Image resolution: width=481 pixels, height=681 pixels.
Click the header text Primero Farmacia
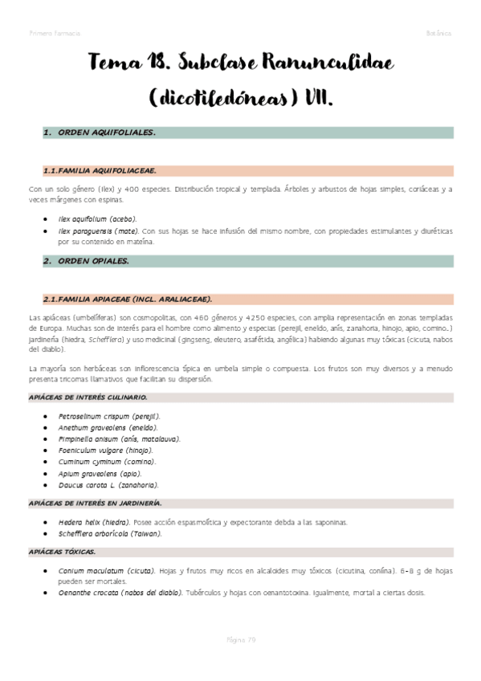[54, 33]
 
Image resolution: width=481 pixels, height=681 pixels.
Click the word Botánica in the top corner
[438, 33]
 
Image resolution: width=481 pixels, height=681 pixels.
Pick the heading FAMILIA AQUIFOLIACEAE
[100, 170]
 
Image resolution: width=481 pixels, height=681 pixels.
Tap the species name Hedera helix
[81, 522]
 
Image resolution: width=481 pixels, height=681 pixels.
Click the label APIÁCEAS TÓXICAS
[62, 552]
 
